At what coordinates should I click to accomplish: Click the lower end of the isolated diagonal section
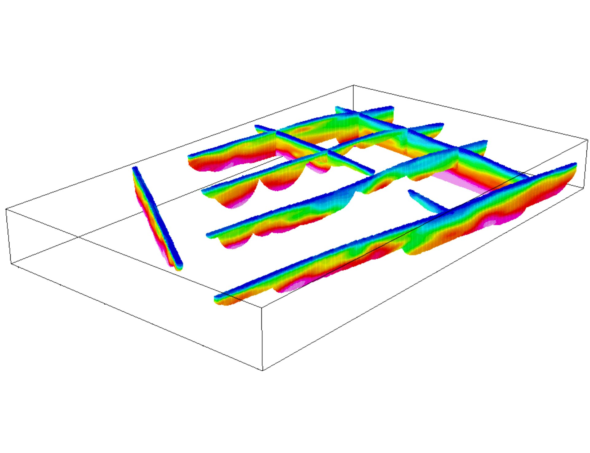point(179,267)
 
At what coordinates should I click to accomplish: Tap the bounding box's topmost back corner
point(353,85)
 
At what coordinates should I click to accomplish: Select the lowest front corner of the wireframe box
point(262,370)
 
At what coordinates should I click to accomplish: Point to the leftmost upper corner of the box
point(6,209)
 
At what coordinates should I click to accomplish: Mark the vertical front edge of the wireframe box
point(262,338)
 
